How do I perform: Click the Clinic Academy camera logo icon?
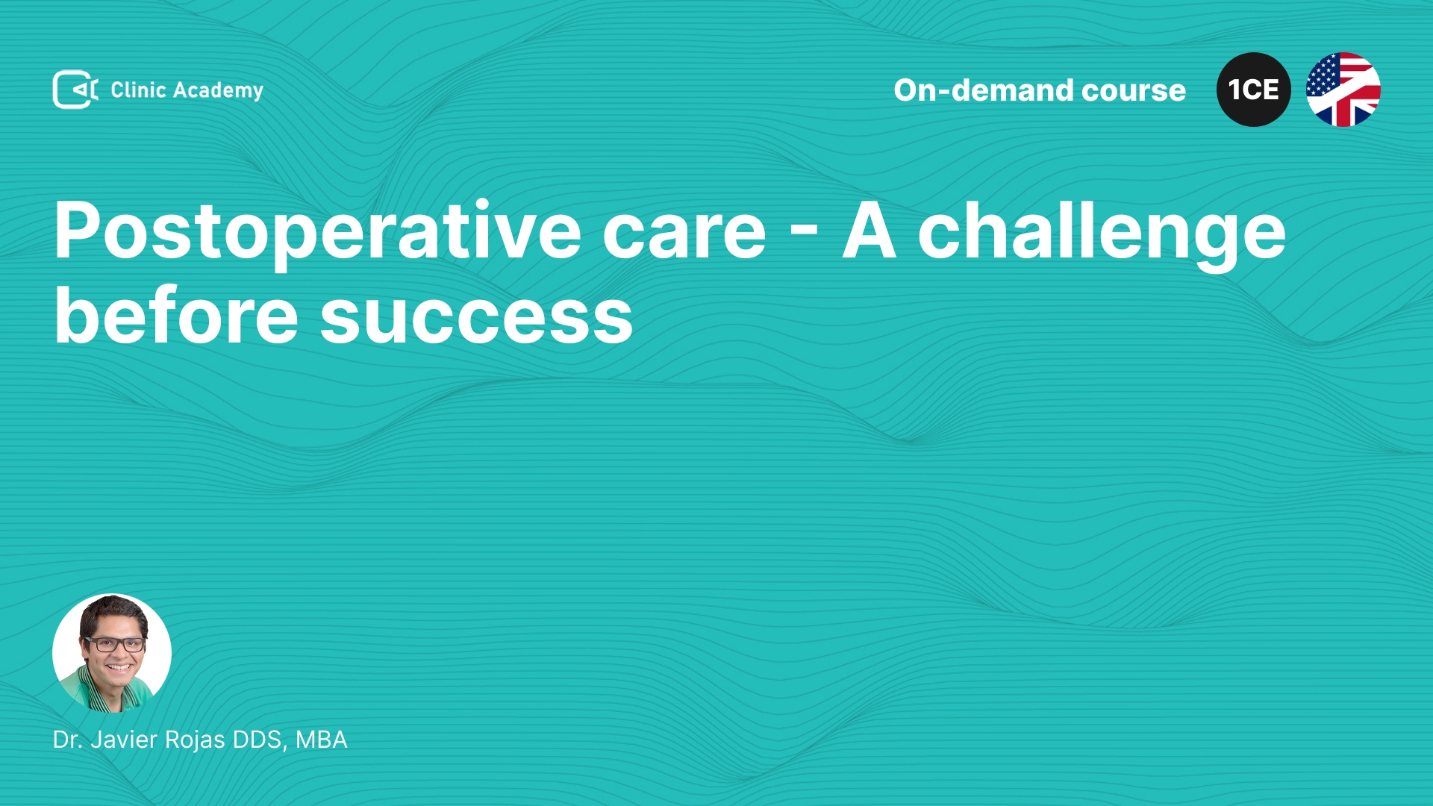(75, 90)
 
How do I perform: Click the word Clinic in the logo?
(138, 90)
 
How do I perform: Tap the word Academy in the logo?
(218, 91)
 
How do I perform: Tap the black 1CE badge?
(1254, 90)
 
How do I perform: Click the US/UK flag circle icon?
(1343, 90)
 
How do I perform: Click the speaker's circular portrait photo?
(112, 653)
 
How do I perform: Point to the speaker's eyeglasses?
(114, 644)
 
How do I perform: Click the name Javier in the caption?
(120, 740)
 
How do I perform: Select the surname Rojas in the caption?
(195, 740)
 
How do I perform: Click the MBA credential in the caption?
(322, 740)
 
